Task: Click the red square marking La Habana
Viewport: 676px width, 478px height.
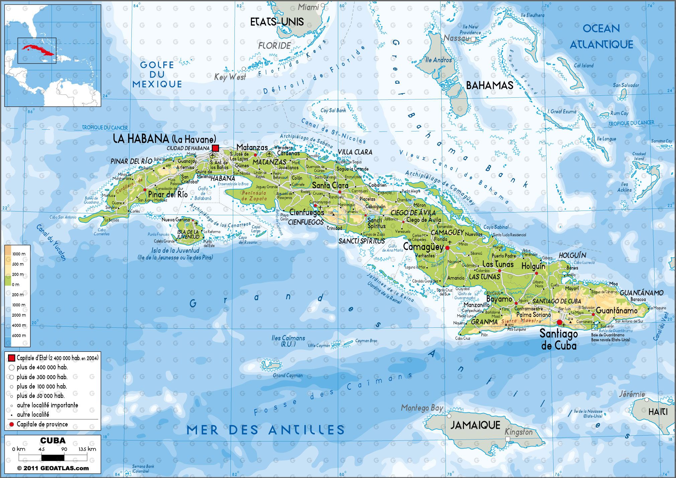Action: point(215,148)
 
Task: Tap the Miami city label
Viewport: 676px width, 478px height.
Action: point(308,7)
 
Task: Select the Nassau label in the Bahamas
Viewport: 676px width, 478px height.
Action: point(456,38)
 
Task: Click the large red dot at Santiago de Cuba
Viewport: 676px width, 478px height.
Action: point(559,322)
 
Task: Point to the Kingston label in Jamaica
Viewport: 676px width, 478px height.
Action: point(518,432)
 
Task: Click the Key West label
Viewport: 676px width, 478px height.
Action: point(230,77)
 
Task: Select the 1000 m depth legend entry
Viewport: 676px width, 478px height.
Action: point(19,305)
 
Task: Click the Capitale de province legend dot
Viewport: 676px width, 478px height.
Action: point(12,424)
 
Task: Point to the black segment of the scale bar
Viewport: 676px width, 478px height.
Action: point(53,458)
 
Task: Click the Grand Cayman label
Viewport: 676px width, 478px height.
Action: point(288,376)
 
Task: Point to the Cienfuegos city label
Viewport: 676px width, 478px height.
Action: point(306,212)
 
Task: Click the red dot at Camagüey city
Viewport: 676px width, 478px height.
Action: point(447,248)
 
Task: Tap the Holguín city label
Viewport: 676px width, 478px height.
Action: point(533,266)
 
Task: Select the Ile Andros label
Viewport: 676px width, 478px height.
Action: point(438,60)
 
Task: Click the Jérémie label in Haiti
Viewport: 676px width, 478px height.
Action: point(632,394)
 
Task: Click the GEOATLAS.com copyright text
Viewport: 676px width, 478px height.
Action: point(53,468)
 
